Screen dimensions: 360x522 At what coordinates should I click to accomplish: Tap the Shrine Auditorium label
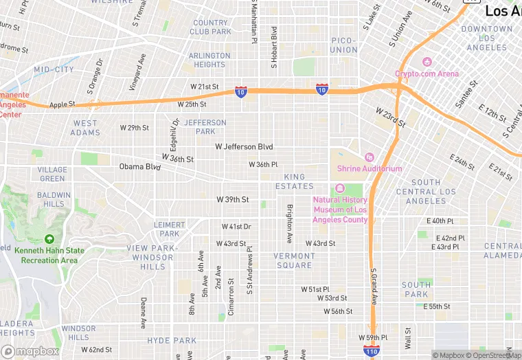[370, 168]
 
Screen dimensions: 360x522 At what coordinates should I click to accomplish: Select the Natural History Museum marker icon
[339, 189]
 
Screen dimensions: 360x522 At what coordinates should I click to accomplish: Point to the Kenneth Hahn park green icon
[49, 240]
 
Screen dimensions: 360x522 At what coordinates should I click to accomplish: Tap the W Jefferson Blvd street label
[244, 146]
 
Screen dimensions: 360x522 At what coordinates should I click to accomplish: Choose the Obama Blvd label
[139, 166]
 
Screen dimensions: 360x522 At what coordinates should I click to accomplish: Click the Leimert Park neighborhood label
[169, 229]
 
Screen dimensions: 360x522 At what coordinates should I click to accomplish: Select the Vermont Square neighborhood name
[294, 260]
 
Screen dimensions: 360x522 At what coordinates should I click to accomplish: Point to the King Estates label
[294, 181]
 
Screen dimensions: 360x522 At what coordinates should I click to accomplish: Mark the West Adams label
[86, 128]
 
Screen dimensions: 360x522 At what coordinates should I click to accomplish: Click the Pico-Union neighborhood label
[344, 45]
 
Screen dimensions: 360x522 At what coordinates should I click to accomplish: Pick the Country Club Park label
[210, 27]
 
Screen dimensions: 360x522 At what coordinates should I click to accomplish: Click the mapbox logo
[30, 351]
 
